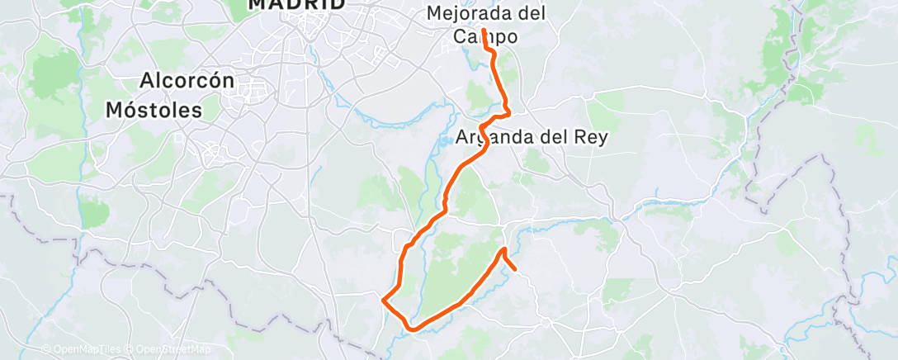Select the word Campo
point(485,37)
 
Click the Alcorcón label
point(187,82)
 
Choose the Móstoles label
point(154,110)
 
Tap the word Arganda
point(493,137)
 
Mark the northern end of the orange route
point(483,30)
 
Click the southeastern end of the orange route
point(516,269)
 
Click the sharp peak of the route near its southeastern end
point(503,249)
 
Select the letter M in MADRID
point(258,4)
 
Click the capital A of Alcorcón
point(147,82)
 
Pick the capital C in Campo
point(461,37)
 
